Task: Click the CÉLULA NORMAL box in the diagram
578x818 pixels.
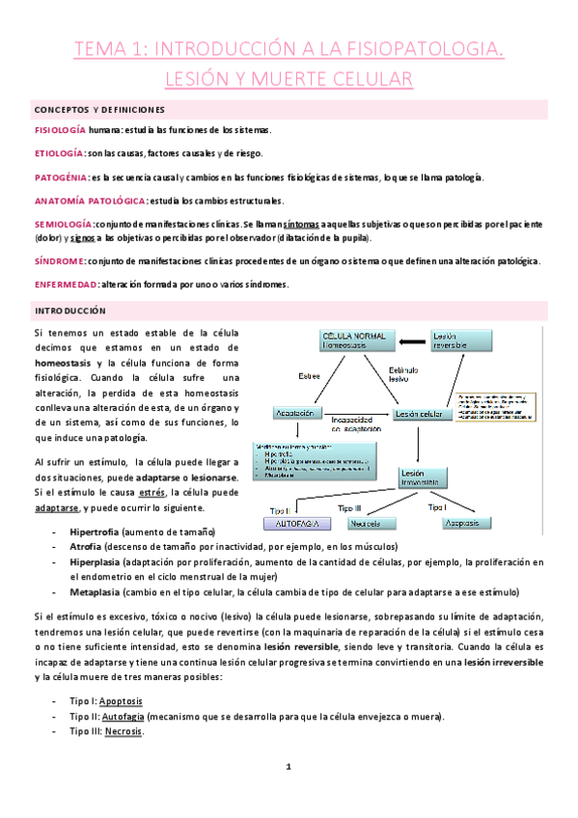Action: click(355, 341)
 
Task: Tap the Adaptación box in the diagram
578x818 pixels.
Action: click(296, 412)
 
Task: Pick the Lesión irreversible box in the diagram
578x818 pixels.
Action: click(418, 479)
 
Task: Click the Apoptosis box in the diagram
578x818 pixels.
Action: click(461, 523)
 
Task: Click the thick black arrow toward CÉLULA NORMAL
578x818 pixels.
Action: click(414, 341)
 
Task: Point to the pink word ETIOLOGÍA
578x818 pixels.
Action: click(59, 153)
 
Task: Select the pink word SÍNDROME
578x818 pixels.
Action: click(59, 260)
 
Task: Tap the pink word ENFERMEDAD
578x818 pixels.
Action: click(64, 284)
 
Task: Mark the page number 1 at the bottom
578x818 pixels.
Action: click(289, 767)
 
